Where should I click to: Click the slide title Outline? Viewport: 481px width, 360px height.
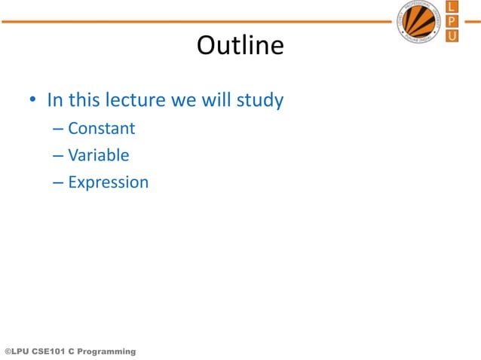[240, 47]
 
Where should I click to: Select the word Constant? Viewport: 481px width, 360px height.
[101, 128]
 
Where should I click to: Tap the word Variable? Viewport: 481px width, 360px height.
[98, 155]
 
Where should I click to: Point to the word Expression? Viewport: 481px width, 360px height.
[108, 182]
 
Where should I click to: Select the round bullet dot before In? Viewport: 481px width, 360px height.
[33, 101]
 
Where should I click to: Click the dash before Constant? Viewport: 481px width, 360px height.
[59, 129]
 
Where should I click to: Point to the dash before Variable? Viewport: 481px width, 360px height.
[59, 156]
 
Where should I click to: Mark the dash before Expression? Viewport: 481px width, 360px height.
[59, 183]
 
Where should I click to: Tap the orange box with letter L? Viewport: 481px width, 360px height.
[452, 7]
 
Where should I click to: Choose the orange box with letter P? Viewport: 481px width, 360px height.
[452, 21]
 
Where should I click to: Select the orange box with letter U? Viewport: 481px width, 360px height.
[452, 35]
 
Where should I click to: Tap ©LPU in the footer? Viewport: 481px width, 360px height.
[17, 352]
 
